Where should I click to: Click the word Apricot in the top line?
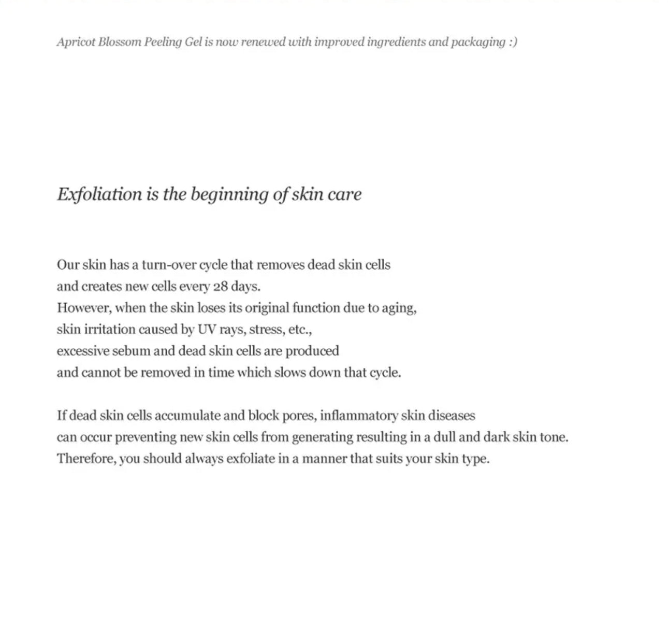tap(76, 42)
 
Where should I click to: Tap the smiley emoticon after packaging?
tap(512, 42)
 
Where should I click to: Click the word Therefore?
tap(86, 459)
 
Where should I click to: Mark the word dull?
tap(444, 437)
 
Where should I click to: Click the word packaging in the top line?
tap(477, 42)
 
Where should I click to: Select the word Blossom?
tap(120, 42)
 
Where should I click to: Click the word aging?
tap(399, 308)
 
